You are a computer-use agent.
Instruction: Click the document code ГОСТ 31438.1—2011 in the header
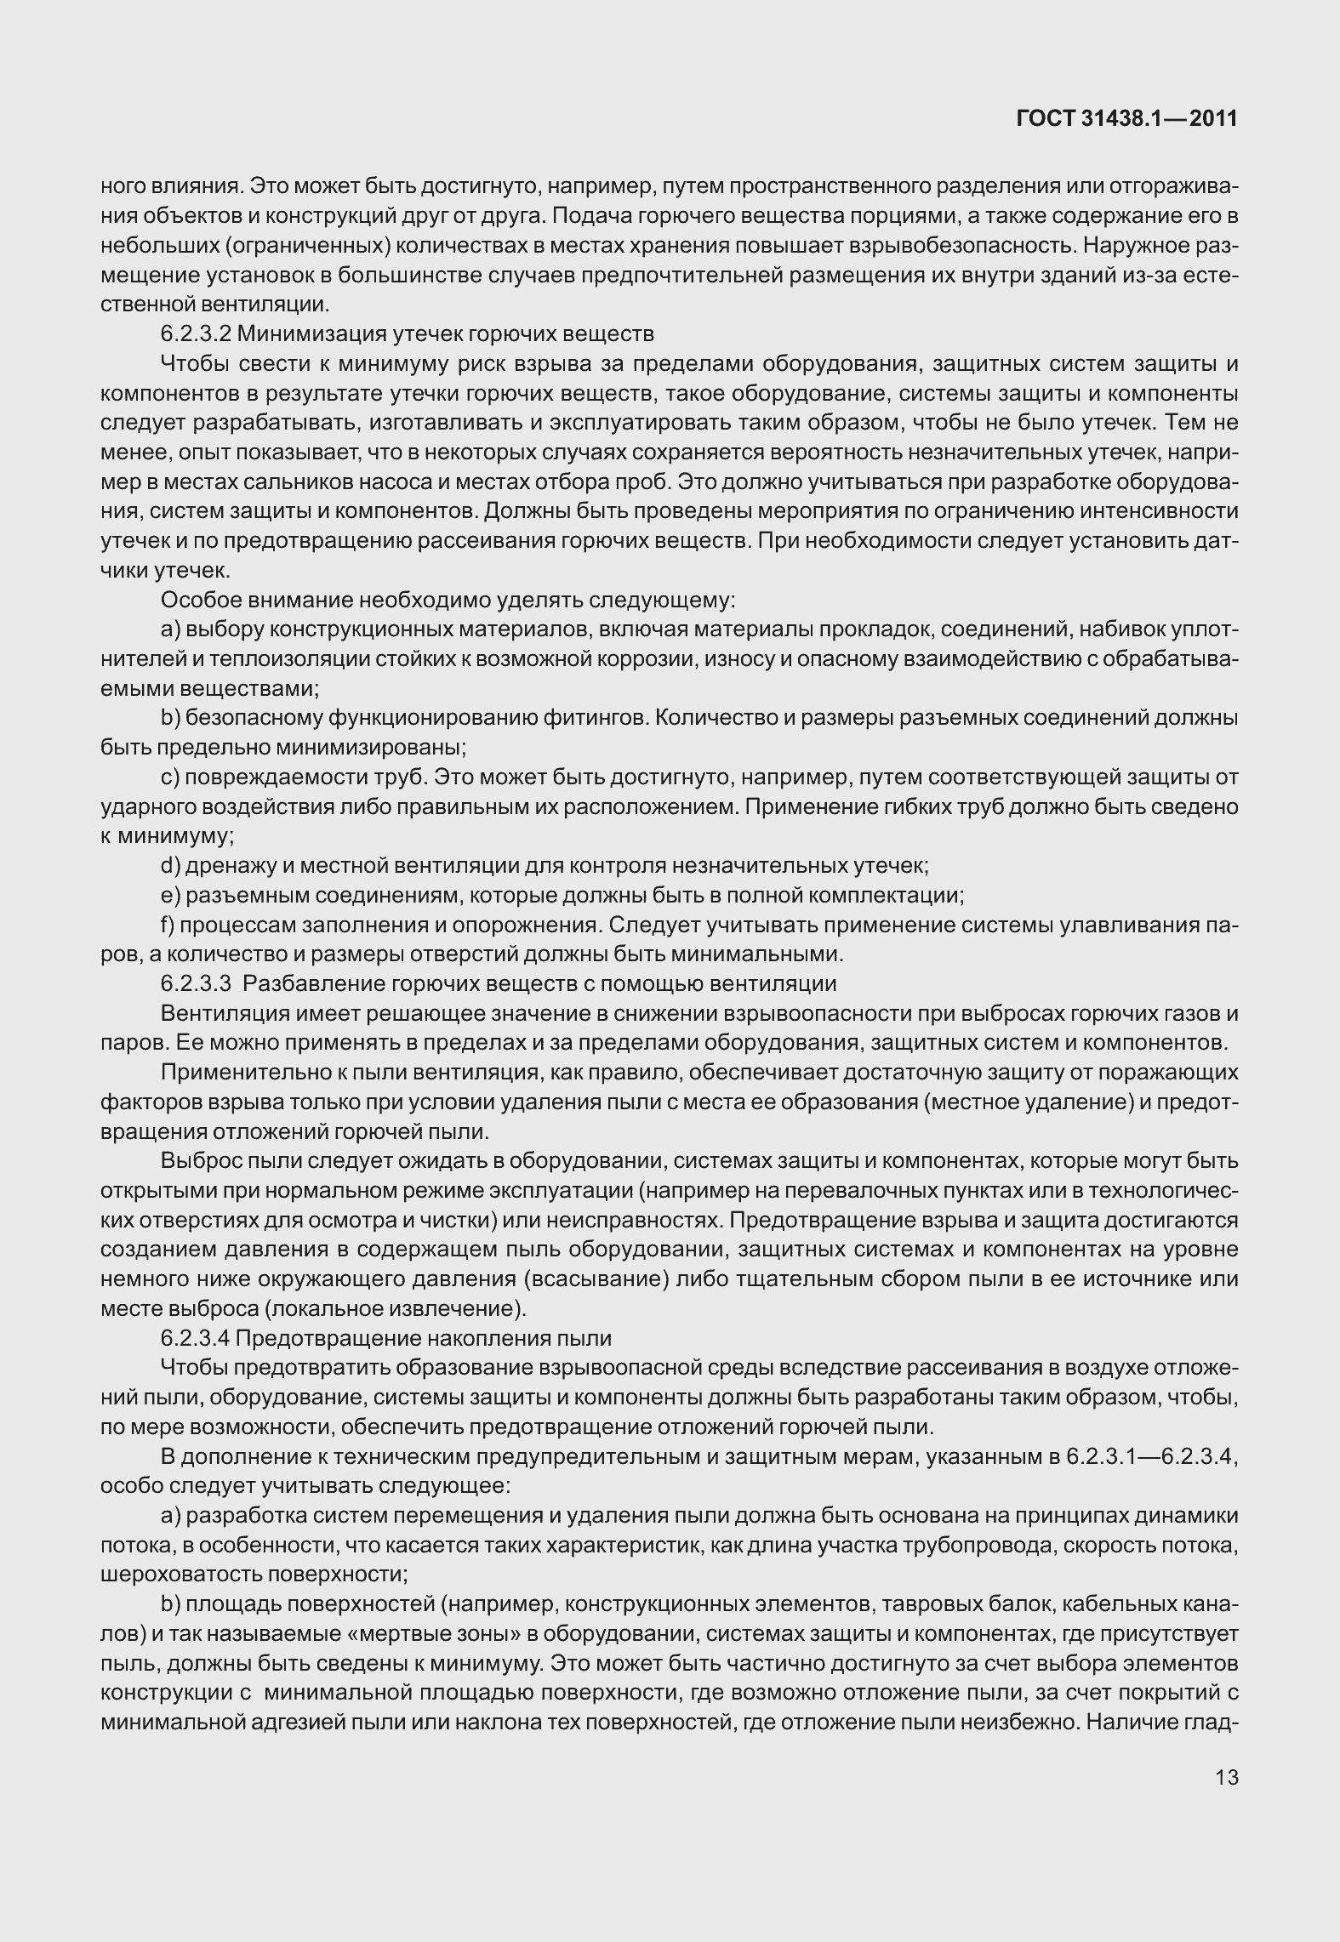1126,120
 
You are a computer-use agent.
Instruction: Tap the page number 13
1227,1777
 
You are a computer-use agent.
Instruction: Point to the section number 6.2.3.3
197,984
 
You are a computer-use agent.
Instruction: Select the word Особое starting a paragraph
201,600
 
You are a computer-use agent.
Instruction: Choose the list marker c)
169,777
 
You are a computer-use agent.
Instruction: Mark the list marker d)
169,866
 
